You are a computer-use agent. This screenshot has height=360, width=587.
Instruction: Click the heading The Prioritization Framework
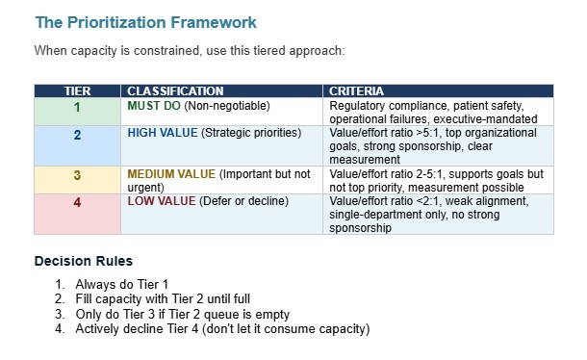(145, 21)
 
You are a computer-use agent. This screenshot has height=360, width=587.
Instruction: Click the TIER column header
(77, 91)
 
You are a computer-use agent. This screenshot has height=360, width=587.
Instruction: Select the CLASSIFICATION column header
(175, 91)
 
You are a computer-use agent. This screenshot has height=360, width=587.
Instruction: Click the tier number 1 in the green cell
(77, 107)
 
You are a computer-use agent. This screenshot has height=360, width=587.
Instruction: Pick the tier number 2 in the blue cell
(77, 135)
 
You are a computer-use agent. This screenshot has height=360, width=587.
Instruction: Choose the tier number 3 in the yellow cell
(77, 175)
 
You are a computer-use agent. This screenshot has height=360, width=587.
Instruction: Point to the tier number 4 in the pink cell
(77, 203)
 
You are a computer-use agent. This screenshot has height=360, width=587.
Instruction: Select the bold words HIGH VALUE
(162, 133)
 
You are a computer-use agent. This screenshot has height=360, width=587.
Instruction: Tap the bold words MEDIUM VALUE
(171, 174)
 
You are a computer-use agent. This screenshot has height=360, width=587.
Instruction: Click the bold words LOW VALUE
(160, 202)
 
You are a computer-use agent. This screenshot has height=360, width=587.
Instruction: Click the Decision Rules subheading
(84, 261)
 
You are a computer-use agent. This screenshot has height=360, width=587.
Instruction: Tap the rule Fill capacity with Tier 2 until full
(166, 299)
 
